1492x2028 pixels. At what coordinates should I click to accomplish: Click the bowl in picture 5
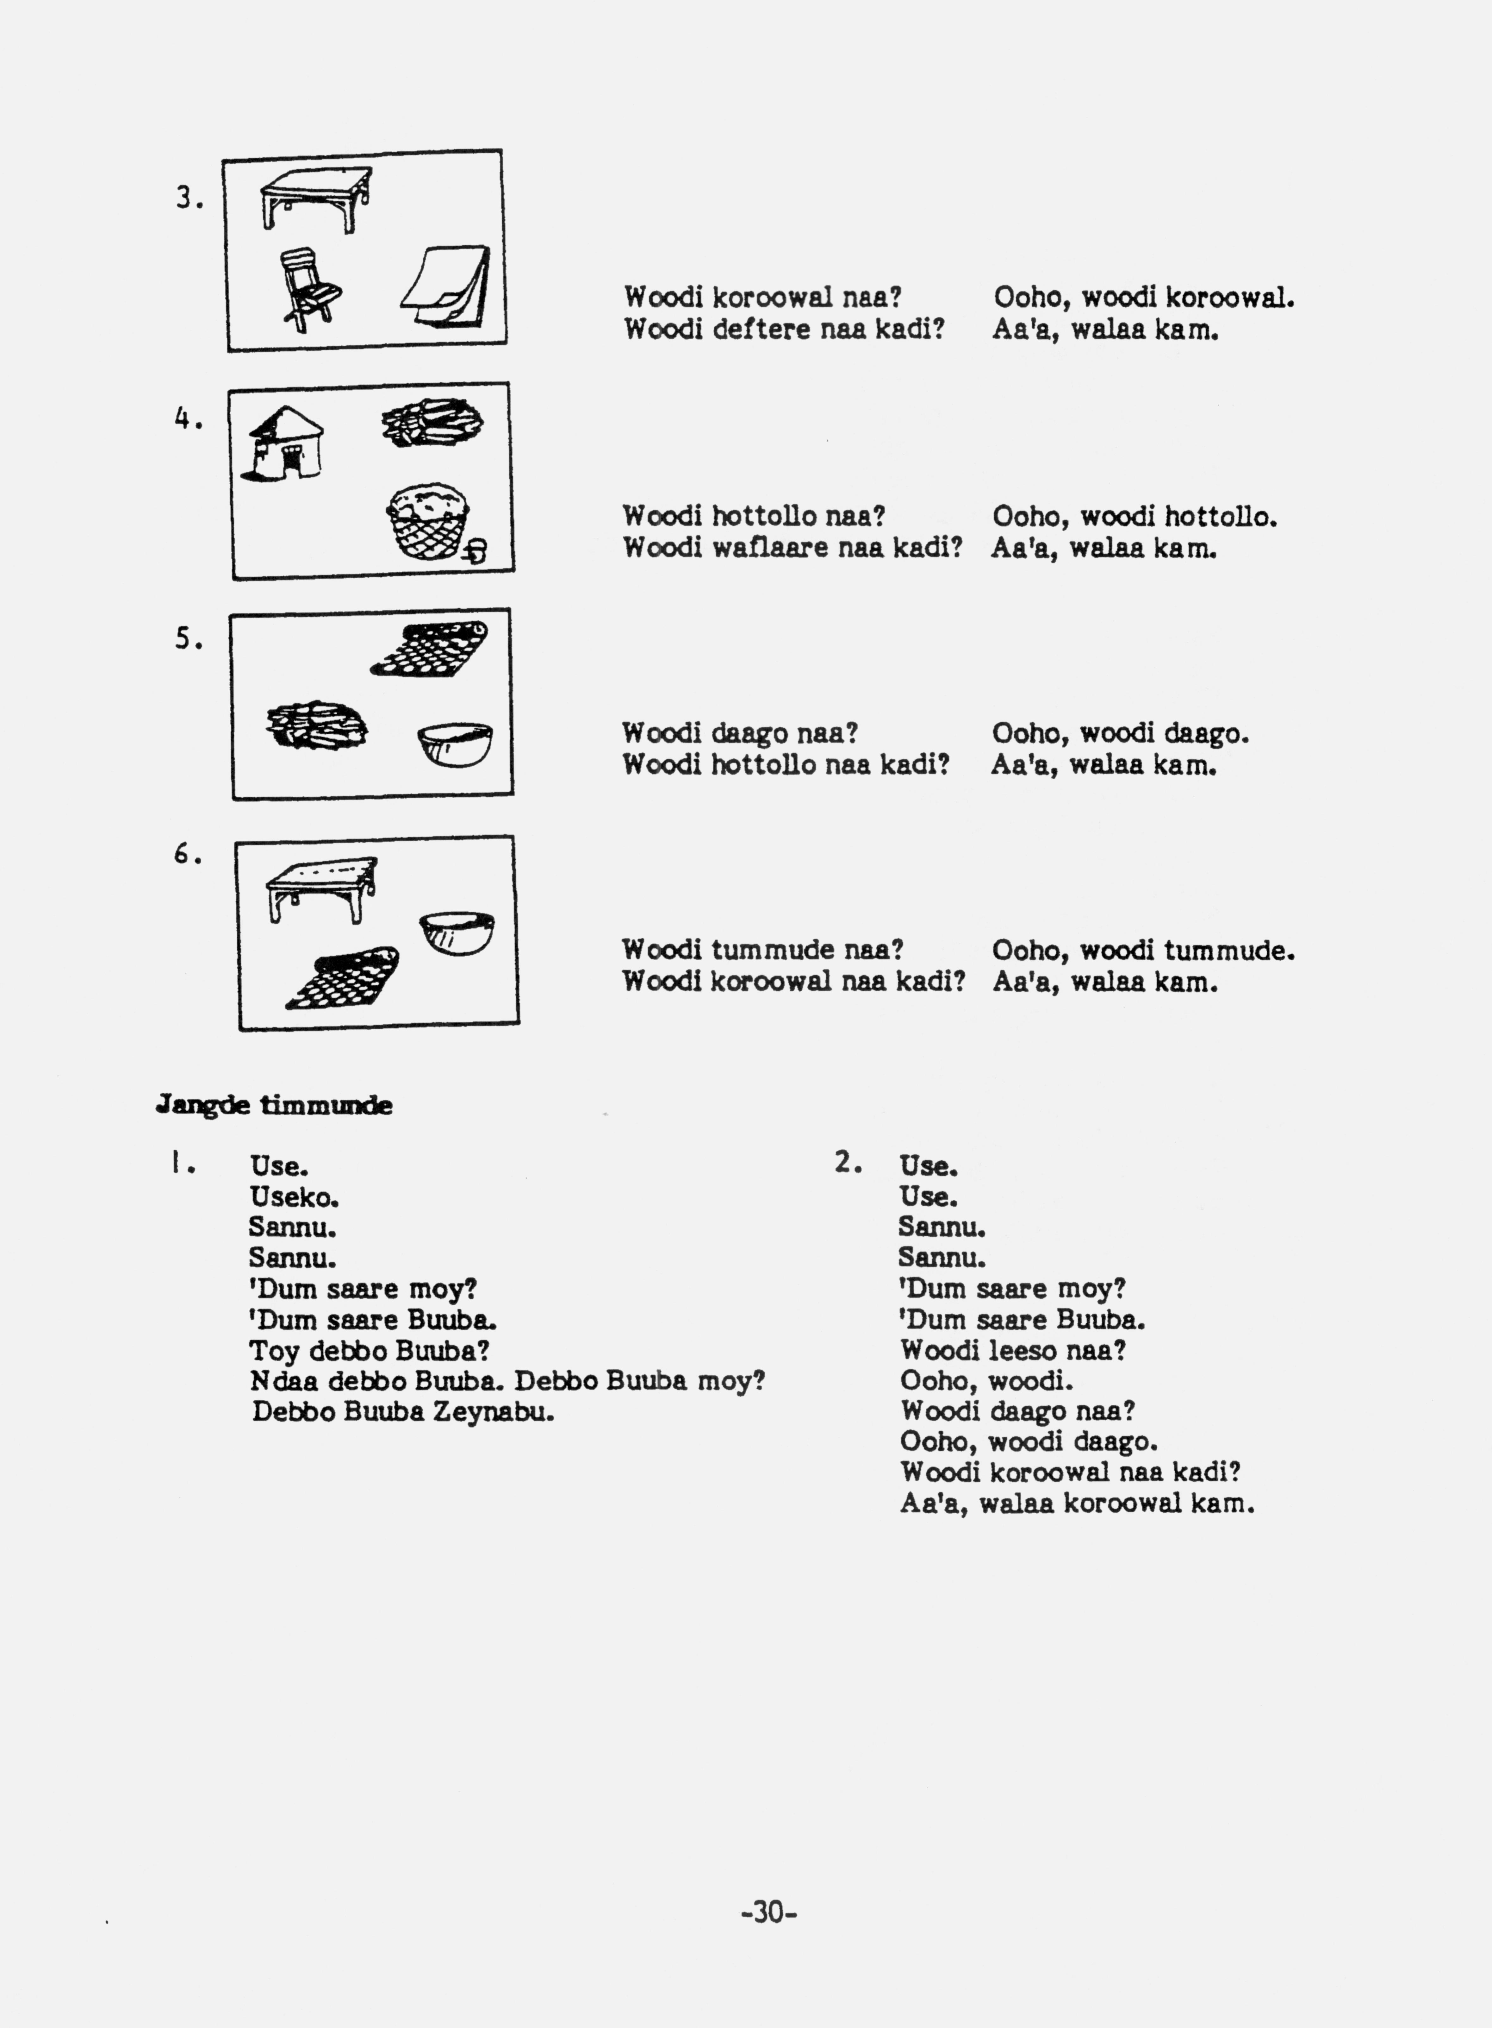(x=455, y=743)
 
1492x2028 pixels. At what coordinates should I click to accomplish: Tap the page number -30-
(x=768, y=1912)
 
